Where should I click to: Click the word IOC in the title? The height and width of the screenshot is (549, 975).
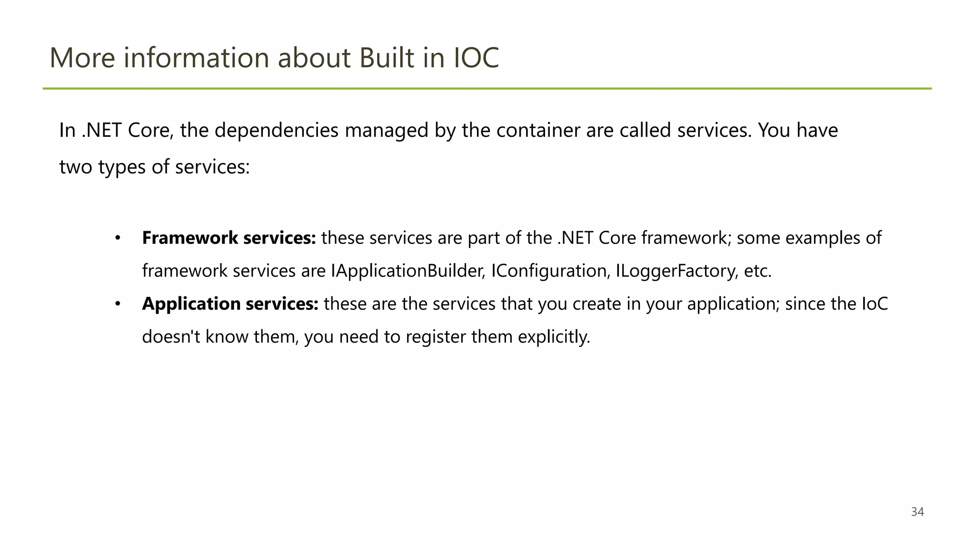476,58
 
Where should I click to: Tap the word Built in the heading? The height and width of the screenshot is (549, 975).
387,58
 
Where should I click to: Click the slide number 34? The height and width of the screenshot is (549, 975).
917,512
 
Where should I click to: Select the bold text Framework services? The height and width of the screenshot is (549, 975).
229,238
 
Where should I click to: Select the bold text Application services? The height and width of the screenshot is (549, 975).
230,304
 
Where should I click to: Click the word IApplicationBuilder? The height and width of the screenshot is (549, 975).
408,271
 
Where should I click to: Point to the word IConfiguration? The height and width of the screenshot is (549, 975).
550,271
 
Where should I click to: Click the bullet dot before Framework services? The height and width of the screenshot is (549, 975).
118,238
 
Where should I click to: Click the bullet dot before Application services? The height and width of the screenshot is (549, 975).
118,304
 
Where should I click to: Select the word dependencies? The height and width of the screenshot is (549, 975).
277,130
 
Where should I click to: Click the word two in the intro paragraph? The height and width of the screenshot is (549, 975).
76,167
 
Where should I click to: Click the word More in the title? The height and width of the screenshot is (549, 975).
82,58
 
